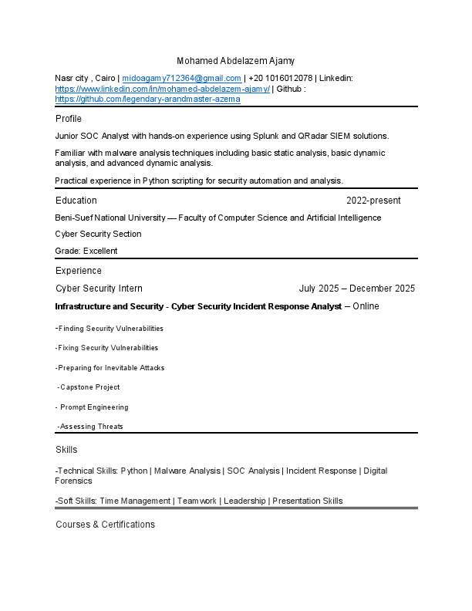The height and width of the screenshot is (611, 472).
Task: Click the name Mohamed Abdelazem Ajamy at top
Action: pos(235,61)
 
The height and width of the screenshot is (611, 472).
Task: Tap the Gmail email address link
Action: pos(182,79)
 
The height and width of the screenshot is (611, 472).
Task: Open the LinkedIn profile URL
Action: pos(163,89)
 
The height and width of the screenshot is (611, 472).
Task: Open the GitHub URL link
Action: pos(148,100)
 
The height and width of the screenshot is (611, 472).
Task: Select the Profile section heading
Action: pos(69,119)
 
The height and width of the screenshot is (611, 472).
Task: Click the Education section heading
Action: pos(76,201)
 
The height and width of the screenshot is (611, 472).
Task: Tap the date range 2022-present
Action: pos(373,201)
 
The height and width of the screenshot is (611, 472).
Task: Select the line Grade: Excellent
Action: pos(86,251)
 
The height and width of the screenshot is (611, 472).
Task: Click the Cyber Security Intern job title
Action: pos(99,289)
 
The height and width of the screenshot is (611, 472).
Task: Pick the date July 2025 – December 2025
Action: pos(357,289)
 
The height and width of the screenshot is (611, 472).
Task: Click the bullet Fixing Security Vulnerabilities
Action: pos(108,348)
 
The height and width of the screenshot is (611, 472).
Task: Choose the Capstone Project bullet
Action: pos(89,387)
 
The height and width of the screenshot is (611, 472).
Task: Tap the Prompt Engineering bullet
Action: pos(94,407)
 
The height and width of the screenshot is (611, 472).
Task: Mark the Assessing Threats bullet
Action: pos(91,427)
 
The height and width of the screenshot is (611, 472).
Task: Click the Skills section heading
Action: pos(66,450)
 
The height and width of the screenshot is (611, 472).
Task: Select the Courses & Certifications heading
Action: pos(105,525)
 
